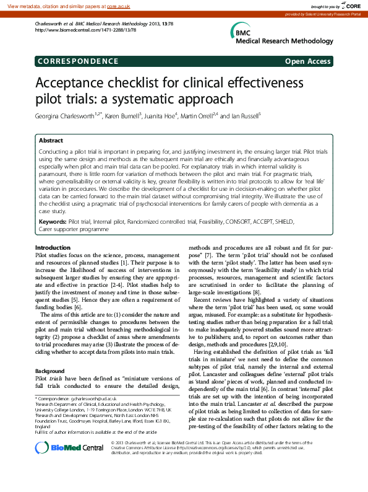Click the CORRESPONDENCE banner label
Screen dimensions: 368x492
(x=77, y=61)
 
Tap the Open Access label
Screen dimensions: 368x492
(x=308, y=61)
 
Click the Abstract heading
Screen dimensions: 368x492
(x=51, y=141)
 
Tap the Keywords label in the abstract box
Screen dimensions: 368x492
(x=53, y=221)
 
